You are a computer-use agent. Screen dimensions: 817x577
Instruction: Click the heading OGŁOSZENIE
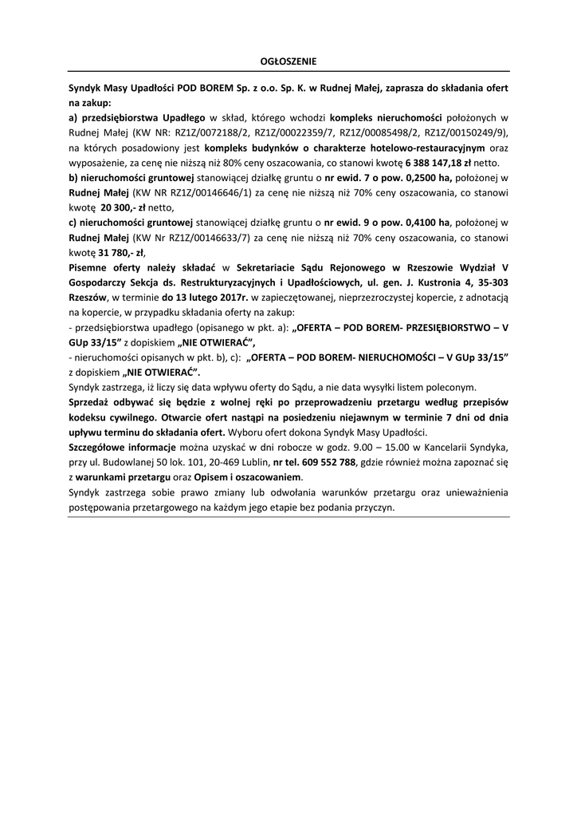point(288,61)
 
